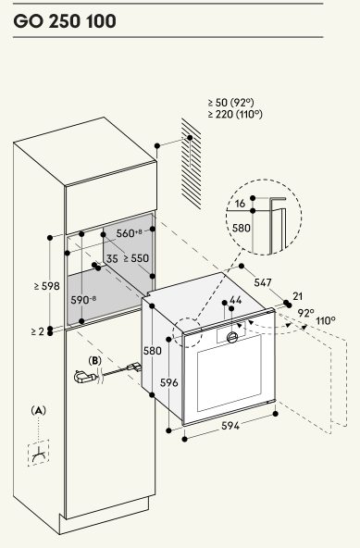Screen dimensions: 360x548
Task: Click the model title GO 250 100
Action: [65, 21]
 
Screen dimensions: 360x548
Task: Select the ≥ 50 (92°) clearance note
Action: [231, 103]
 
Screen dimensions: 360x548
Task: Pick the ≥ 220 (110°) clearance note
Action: [235, 114]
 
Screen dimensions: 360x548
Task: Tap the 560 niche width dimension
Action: [129, 232]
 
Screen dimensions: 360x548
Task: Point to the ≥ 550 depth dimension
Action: [136, 258]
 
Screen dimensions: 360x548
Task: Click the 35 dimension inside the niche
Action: [112, 259]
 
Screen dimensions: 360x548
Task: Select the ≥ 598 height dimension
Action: [47, 286]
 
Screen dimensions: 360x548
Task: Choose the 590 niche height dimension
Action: [83, 300]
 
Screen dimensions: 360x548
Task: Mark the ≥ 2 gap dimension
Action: [38, 331]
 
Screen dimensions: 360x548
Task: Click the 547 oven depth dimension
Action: [263, 282]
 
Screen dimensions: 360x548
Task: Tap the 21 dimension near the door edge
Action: [297, 296]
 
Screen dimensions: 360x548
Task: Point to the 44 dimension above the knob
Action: [235, 300]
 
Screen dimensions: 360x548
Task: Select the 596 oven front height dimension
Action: [169, 382]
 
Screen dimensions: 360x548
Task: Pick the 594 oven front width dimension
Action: [230, 425]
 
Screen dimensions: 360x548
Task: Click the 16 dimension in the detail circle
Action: [240, 204]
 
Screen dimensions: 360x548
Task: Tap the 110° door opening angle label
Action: [326, 320]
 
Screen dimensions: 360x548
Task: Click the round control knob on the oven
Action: [232, 337]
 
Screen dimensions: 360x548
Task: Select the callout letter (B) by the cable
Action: [94, 360]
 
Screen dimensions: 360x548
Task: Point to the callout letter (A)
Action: [39, 410]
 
